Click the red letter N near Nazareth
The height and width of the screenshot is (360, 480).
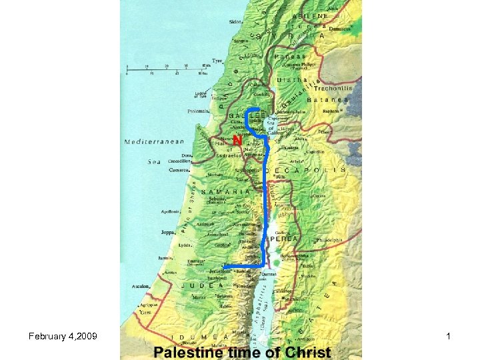(x=237, y=142)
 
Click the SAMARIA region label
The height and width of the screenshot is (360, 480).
(x=227, y=191)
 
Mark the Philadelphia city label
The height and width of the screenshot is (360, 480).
(x=329, y=240)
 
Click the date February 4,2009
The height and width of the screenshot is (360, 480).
(x=63, y=337)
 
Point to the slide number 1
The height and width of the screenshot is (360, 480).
(x=449, y=337)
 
